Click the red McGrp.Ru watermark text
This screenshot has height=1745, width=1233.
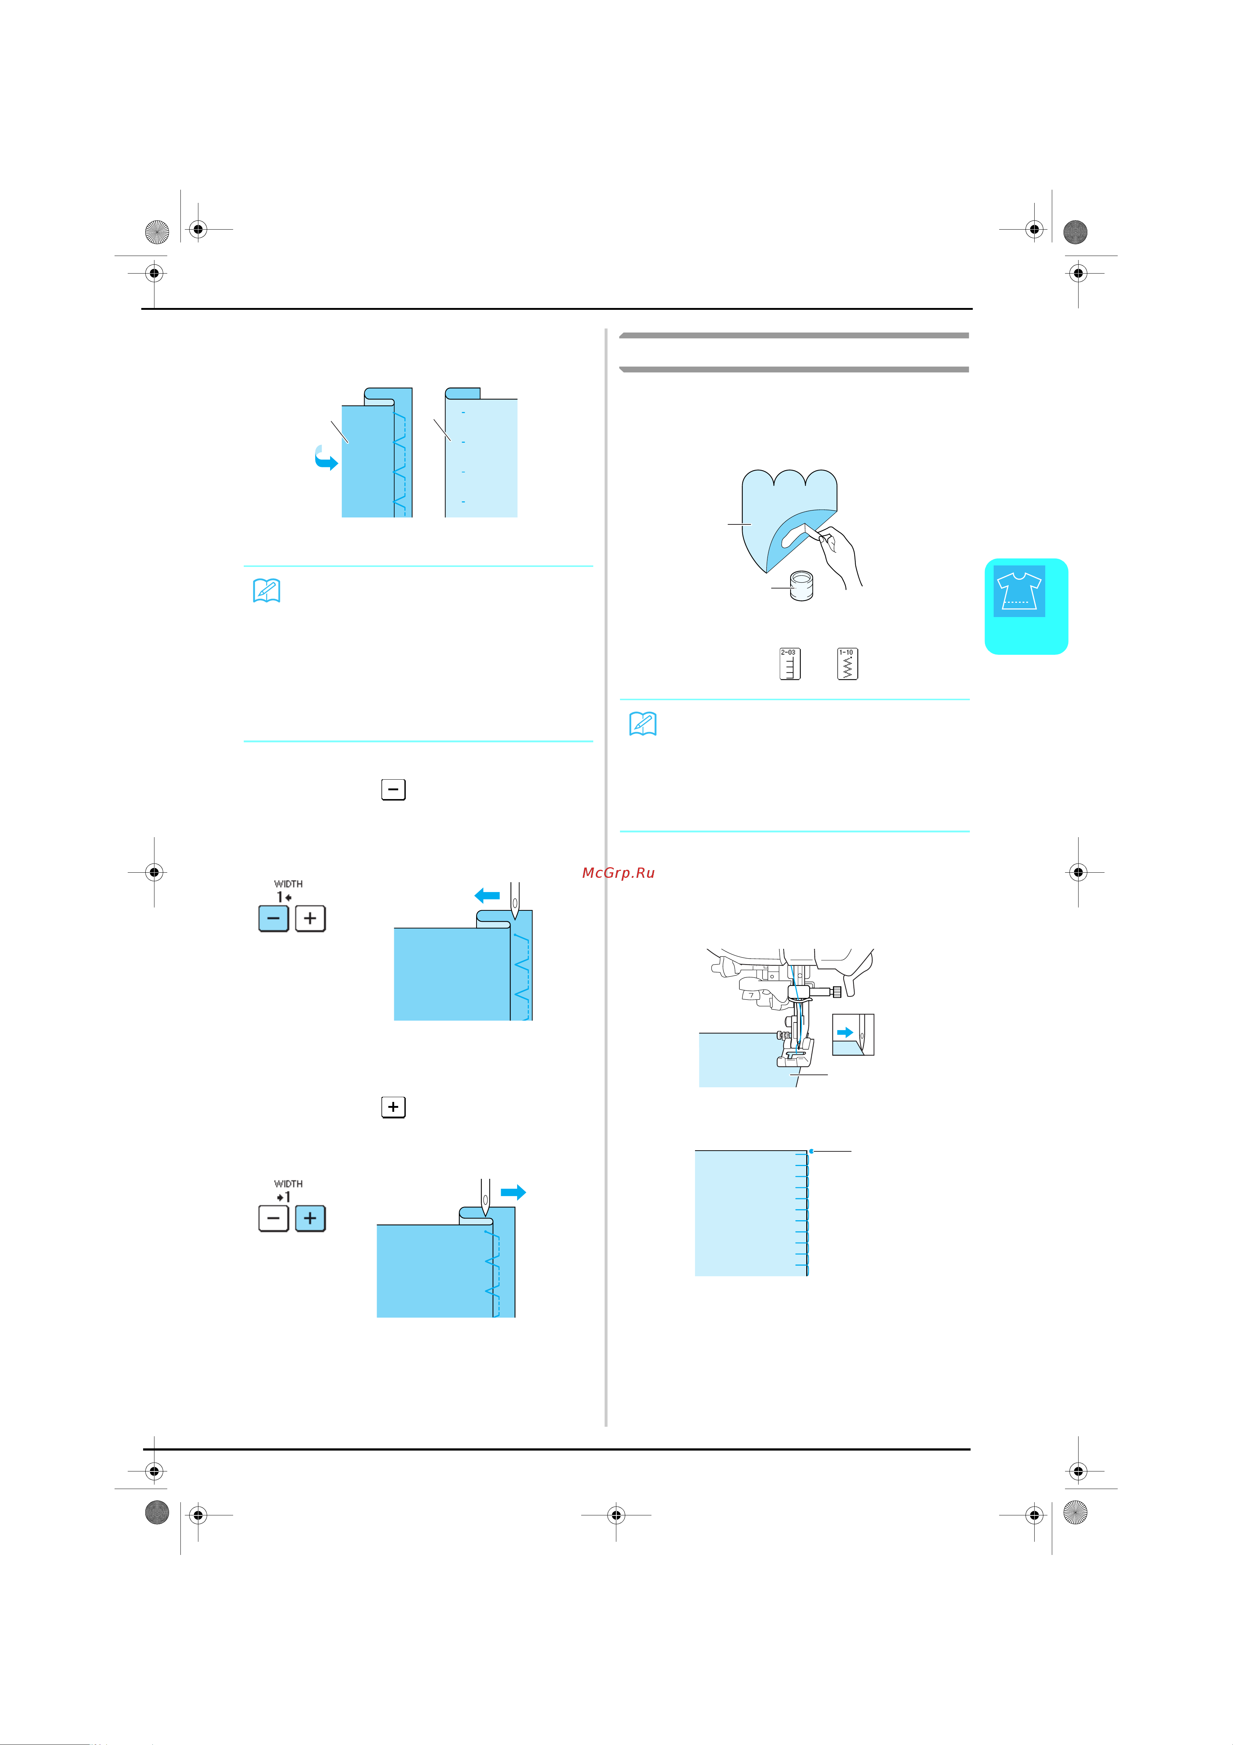pos(618,872)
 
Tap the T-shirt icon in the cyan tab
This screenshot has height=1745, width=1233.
pos(1019,591)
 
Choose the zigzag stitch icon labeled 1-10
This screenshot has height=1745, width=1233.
pos(847,664)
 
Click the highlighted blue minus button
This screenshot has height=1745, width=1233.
pos(273,918)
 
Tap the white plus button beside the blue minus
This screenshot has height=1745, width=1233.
pos(310,918)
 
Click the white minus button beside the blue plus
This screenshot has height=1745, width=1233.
pos(273,1218)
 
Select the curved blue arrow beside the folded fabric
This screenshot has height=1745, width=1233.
pos(325,458)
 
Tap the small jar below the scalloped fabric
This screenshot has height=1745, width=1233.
pos(802,585)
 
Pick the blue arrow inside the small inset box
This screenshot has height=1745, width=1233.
pos(844,1032)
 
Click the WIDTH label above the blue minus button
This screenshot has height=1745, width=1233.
pos(288,884)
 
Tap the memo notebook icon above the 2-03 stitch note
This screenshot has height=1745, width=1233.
pos(643,724)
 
